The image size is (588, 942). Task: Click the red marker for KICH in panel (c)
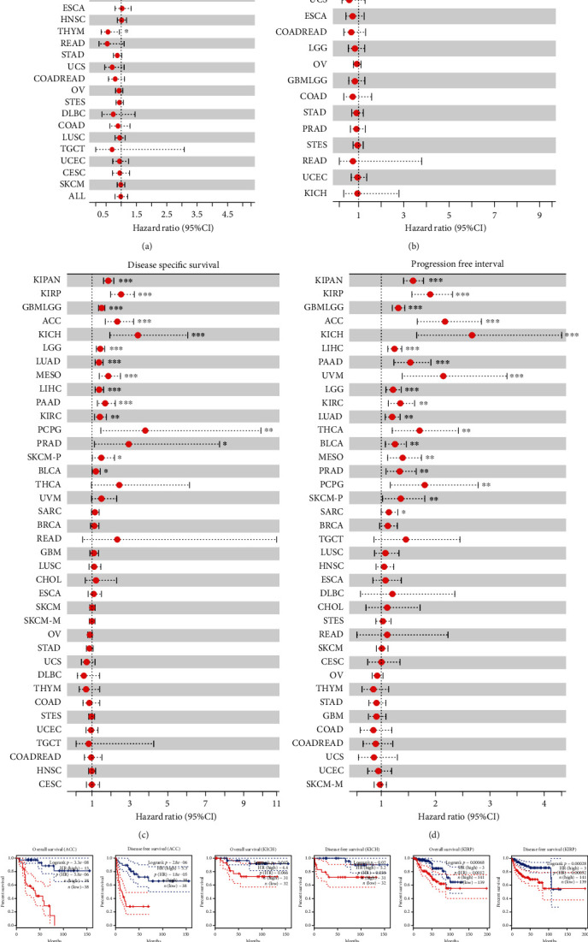[138, 335]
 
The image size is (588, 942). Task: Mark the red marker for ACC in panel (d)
[445, 321]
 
